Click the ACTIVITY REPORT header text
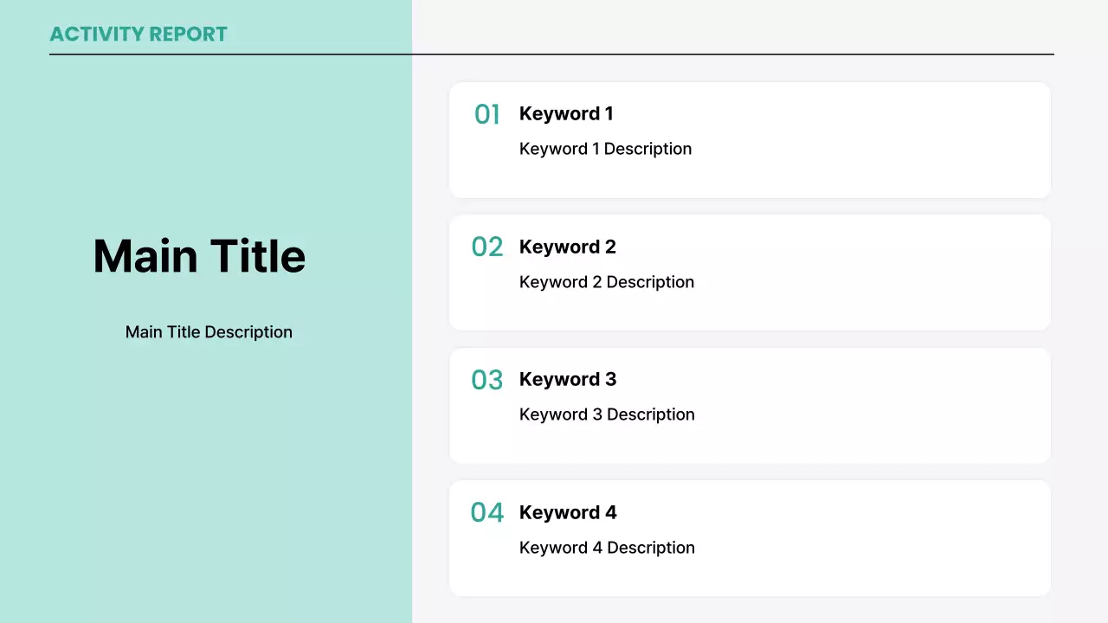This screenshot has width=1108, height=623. pyautogui.click(x=138, y=35)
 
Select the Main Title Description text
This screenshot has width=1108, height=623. pyautogui.click(x=209, y=332)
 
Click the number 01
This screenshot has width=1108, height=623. pyautogui.click(x=487, y=114)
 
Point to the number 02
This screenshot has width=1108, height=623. pyautogui.click(x=487, y=247)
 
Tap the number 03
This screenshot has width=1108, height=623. pyautogui.click(x=487, y=380)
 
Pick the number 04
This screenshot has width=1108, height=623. pyautogui.click(x=487, y=512)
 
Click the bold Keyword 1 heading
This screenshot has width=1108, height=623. pyautogui.click(x=566, y=113)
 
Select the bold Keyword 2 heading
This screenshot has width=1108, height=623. pyautogui.click(x=568, y=247)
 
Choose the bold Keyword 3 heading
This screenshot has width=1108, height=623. pyautogui.click(x=568, y=379)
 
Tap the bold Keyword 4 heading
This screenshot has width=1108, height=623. pyautogui.click(x=568, y=512)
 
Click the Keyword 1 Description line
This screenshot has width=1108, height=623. pyautogui.click(x=605, y=149)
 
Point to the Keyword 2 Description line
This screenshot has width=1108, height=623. pyautogui.click(x=607, y=282)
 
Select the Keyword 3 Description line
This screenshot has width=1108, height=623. pyautogui.click(x=607, y=414)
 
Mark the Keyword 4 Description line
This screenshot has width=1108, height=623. pyautogui.click(x=607, y=548)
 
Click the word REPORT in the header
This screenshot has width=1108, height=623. pyautogui.click(x=188, y=35)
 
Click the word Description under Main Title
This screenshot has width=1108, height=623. pyautogui.click(x=248, y=332)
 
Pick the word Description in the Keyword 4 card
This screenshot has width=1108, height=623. pyautogui.click(x=651, y=548)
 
